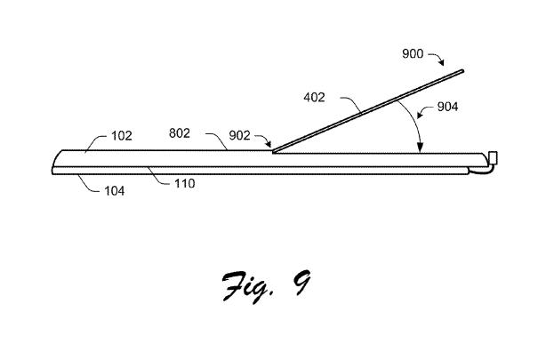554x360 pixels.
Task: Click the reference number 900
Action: pos(413,53)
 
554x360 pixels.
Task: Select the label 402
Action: pos(314,97)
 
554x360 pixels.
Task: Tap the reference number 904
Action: pos(447,107)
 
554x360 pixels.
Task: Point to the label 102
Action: pos(122,136)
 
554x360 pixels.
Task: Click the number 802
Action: pos(180,133)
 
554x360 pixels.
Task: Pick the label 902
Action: pos(239,135)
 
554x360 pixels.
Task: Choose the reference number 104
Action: pos(114,191)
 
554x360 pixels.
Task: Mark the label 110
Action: pos(184,183)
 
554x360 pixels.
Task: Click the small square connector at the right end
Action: pos(493,158)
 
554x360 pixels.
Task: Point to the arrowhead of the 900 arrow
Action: pos(441,63)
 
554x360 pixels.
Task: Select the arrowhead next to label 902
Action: pos(269,144)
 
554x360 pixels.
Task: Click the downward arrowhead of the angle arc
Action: pos(420,148)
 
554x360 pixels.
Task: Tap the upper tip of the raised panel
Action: pos(462,71)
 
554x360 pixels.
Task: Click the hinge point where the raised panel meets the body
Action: pos(273,152)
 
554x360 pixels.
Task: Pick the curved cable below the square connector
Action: pos(481,171)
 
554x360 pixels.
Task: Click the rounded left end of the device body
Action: pos(55,161)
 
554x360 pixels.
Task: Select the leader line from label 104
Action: pos(88,184)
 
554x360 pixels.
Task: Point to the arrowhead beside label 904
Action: pos(420,115)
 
